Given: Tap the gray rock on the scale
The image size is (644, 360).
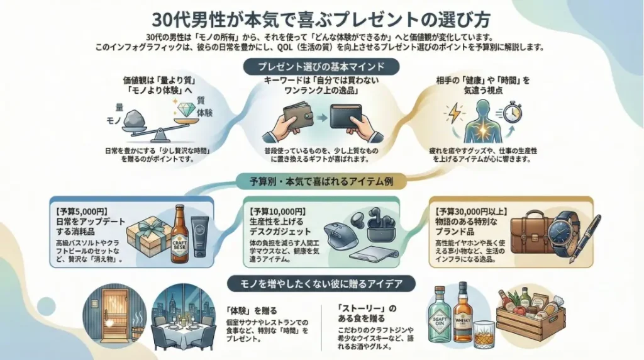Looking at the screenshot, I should coord(134,120).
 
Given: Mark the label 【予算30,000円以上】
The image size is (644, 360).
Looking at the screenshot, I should coord(467,210).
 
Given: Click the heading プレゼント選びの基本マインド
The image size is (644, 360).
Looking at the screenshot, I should coord(321,67).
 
